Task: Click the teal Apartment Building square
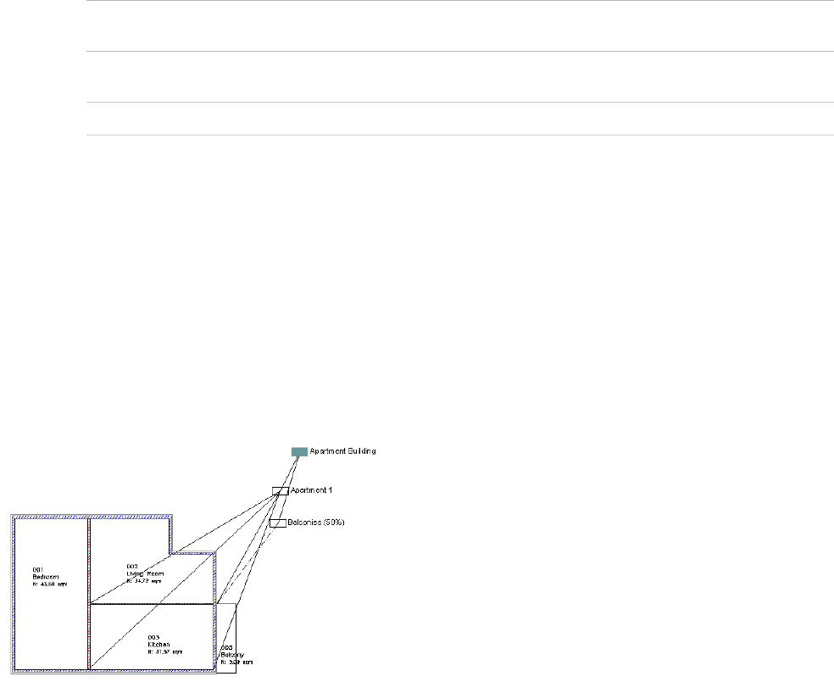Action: pyautogui.click(x=298, y=452)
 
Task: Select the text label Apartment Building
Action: pyautogui.click(x=342, y=451)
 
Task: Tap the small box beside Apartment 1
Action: pyautogui.click(x=280, y=491)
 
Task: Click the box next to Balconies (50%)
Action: pyautogui.click(x=277, y=523)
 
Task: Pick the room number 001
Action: pyautogui.click(x=38, y=569)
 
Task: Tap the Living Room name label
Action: pyautogui.click(x=143, y=573)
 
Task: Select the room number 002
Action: pyautogui.click(x=132, y=567)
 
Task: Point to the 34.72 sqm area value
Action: pyautogui.click(x=145, y=581)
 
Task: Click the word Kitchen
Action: pyautogui.click(x=158, y=645)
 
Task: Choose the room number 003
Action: pyautogui.click(x=153, y=637)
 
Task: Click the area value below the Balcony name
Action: pyautogui.click(x=237, y=662)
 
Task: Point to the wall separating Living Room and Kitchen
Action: pyautogui.click(x=153, y=605)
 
